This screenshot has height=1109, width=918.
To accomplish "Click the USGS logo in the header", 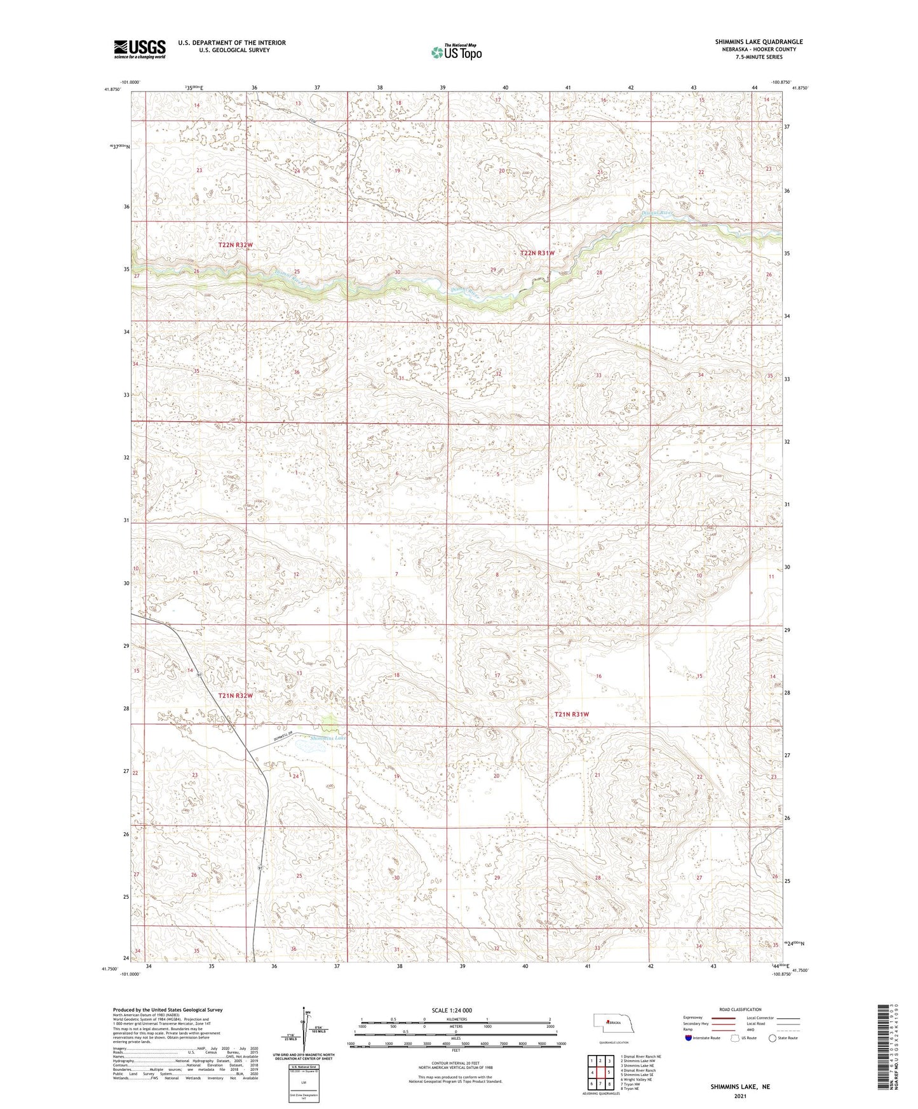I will [140, 48].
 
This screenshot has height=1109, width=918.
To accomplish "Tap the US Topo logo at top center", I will [456, 52].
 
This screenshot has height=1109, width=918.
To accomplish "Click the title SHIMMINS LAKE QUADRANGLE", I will [759, 42].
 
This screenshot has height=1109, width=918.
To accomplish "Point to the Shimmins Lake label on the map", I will [328, 738].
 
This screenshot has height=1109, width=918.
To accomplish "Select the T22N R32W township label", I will [236, 245].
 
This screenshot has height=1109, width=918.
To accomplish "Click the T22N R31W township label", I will [537, 253].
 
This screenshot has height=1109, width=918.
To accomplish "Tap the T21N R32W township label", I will [236, 696].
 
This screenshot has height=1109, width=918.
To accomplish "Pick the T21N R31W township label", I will [572, 714].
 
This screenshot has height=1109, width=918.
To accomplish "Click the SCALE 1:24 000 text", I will [452, 1011].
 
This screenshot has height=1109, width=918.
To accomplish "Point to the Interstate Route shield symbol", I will [690, 1038].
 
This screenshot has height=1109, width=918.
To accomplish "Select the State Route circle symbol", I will [773, 1038].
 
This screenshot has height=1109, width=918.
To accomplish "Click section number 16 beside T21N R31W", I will [598, 676].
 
